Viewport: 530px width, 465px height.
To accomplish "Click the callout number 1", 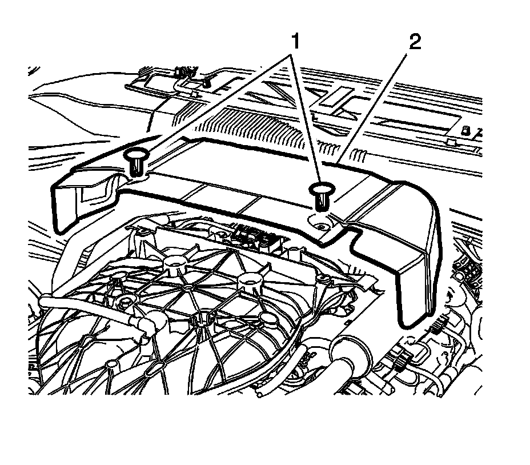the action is coord(295,41).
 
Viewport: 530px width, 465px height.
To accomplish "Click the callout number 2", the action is coord(415,42).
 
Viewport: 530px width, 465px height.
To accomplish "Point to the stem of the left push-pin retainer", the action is coord(136,167).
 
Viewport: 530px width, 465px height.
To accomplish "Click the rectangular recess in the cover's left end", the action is coord(91,194).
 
